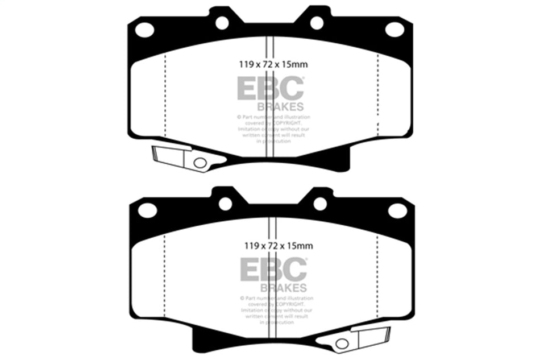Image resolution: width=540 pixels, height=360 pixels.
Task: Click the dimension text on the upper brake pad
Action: (x=270, y=65)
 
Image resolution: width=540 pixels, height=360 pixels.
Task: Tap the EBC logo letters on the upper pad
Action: (x=270, y=89)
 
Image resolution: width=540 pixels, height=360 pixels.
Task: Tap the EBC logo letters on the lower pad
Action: (x=273, y=269)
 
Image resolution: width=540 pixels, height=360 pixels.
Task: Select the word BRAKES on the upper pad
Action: (x=281, y=106)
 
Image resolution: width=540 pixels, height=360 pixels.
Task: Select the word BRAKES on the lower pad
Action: (x=283, y=287)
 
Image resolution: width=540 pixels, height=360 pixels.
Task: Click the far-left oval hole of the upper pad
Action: (x=145, y=30)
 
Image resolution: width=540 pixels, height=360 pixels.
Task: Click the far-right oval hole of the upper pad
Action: (x=394, y=29)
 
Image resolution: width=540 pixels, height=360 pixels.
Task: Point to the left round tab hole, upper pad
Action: (x=222, y=23)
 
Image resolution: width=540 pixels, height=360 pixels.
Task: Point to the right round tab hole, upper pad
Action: (x=317, y=23)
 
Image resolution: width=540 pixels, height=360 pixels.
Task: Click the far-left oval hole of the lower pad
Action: (x=147, y=210)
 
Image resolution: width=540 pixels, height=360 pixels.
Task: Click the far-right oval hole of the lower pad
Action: (x=397, y=210)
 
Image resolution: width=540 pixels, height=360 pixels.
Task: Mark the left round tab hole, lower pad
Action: (x=225, y=204)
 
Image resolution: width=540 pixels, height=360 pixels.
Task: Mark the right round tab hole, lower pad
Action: (x=320, y=204)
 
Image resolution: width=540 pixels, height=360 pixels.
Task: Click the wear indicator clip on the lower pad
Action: (x=358, y=338)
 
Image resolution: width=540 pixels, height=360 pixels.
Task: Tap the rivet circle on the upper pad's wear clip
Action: (x=200, y=163)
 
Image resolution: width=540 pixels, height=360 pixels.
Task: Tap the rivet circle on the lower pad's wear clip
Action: (x=341, y=343)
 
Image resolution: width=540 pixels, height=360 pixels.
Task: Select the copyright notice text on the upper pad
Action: (x=273, y=129)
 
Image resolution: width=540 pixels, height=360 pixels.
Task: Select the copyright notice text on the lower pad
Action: (x=276, y=309)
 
